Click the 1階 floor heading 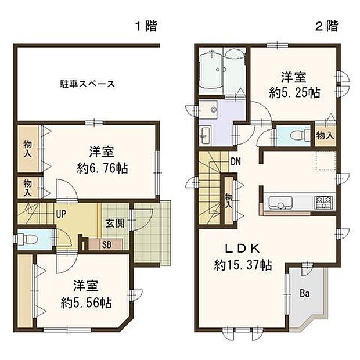pos(146,26)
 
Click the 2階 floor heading pos(327,26)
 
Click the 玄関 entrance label pos(114,224)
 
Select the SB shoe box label pos(107,244)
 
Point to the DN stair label pos(236,162)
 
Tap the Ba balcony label pos(304,293)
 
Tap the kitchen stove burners pos(323,203)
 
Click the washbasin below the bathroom pos(206,137)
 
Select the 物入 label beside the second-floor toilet pos(325,135)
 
